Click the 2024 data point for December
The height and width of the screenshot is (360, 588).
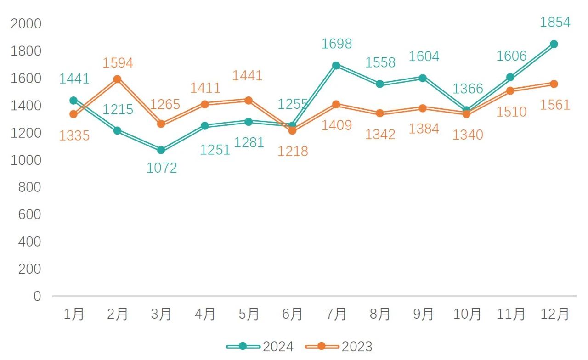pos(554,44)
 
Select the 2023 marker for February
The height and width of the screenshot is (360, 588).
pos(117,79)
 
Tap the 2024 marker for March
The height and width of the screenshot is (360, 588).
pos(161,150)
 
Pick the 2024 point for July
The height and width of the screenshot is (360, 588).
pos(336,66)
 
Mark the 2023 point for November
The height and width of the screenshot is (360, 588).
pos(510,90)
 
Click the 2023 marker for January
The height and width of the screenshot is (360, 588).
pos(73,114)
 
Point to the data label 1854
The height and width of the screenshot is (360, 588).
pos(555,22)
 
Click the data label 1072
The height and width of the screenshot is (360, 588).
pos(162,168)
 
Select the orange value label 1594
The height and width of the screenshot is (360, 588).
pos(118,63)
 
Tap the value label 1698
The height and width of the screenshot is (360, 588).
pos(336,44)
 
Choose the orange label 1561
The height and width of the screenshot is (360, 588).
pos(555,105)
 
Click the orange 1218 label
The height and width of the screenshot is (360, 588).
pos(293,151)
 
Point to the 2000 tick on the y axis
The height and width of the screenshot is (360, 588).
pos(26,24)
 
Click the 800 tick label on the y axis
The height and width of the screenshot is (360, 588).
pos(30,187)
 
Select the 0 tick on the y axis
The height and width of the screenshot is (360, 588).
pos(37,296)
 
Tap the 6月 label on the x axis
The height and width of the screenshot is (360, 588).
pos(292,315)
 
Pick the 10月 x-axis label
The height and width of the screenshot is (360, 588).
pos(467,315)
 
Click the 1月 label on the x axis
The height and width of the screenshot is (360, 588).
pos(73,315)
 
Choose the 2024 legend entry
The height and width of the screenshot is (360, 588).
pos(260,346)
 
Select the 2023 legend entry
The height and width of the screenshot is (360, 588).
pos(339,346)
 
